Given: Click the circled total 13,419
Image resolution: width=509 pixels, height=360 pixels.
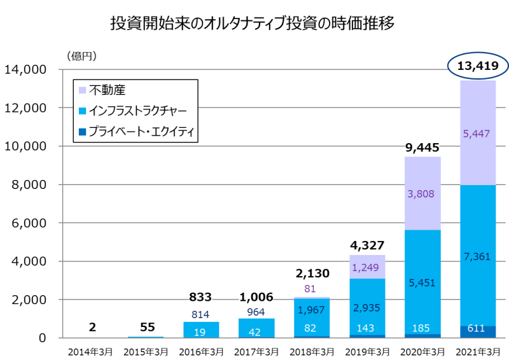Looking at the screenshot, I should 478,66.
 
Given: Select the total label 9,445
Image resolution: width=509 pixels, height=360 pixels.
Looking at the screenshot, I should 422,148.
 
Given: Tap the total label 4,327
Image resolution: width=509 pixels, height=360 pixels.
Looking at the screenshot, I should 367,244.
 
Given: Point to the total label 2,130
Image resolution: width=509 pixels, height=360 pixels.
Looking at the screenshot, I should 312,273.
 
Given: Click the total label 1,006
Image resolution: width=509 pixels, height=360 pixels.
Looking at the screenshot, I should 256,296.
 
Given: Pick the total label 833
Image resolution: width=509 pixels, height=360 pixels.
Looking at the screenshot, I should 200,296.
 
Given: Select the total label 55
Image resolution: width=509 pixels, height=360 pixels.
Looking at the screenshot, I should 147,327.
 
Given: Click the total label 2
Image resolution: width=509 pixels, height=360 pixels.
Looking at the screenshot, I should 92,327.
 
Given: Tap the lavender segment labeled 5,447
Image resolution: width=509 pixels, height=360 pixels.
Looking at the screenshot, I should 478,133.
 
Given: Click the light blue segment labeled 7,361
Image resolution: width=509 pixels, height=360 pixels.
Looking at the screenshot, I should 478,256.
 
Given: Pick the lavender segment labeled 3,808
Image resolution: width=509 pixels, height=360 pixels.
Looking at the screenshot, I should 422,193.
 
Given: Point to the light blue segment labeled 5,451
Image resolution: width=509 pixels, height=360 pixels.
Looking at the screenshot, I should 422,282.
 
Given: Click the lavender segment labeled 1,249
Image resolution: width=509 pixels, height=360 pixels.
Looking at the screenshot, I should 367,267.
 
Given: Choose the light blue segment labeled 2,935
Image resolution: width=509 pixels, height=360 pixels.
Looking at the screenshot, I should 367,307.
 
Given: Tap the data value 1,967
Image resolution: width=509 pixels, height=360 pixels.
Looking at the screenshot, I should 312,310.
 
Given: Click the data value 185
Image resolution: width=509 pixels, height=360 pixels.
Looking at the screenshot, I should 422,329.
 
